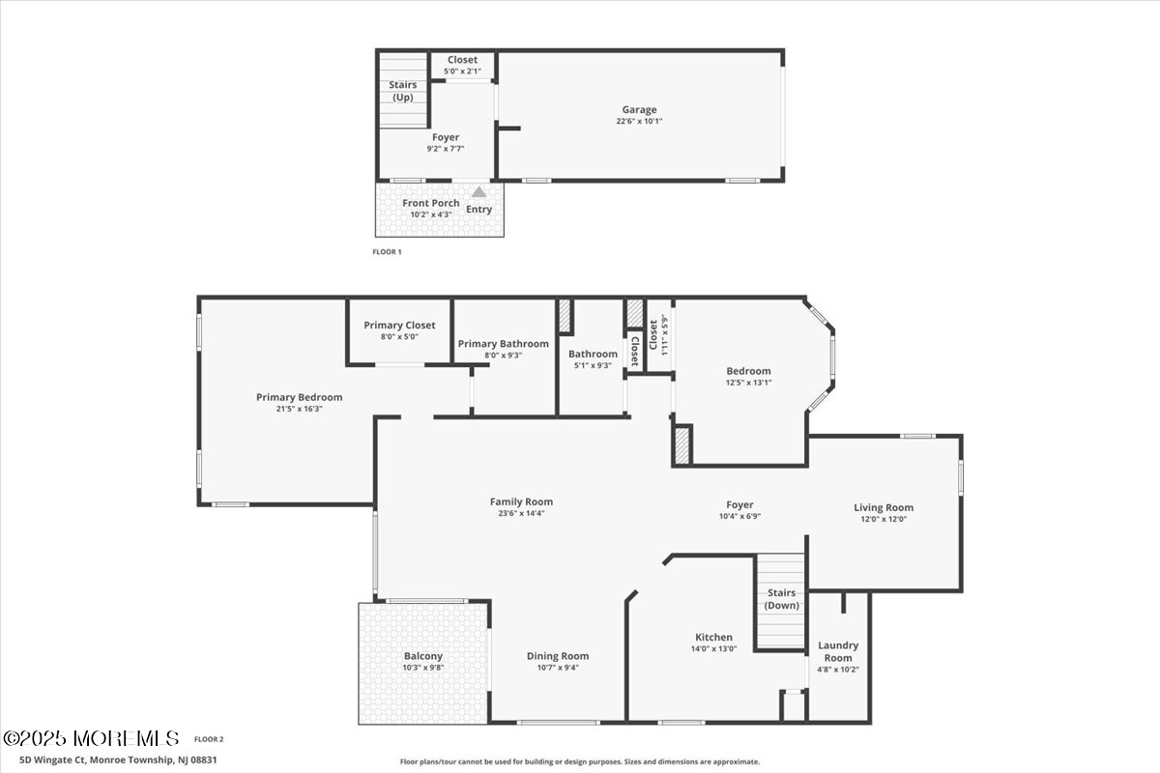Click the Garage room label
639,110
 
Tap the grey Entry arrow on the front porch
479,192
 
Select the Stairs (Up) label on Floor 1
403,91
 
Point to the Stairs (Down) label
781,599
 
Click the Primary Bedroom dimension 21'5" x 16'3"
300,409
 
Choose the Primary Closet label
399,326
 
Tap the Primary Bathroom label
504,344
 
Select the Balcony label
423,656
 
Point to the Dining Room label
558,656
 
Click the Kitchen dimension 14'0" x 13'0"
713,648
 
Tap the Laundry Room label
838,651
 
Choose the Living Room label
884,508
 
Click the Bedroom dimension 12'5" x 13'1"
748,383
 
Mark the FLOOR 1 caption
387,252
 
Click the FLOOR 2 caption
209,739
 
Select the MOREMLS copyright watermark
91,738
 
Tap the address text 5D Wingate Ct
53,760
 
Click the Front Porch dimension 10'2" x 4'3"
431,215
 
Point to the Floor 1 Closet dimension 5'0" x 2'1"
462,72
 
